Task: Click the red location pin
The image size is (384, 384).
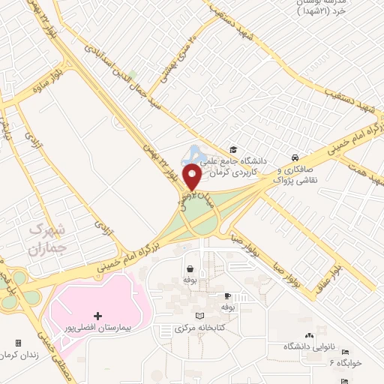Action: [x=192, y=175]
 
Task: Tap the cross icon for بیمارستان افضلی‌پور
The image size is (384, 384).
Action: [x=97, y=317]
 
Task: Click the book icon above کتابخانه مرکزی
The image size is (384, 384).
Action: [x=199, y=316]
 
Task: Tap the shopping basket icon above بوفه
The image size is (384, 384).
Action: [x=190, y=268]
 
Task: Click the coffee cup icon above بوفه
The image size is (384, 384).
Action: [x=228, y=296]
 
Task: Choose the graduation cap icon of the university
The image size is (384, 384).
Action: [x=233, y=150]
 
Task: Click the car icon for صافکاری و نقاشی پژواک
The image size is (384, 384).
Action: [x=295, y=159]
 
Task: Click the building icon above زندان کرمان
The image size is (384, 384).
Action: [x=18, y=343]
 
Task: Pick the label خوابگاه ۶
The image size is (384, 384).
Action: [x=345, y=363]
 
